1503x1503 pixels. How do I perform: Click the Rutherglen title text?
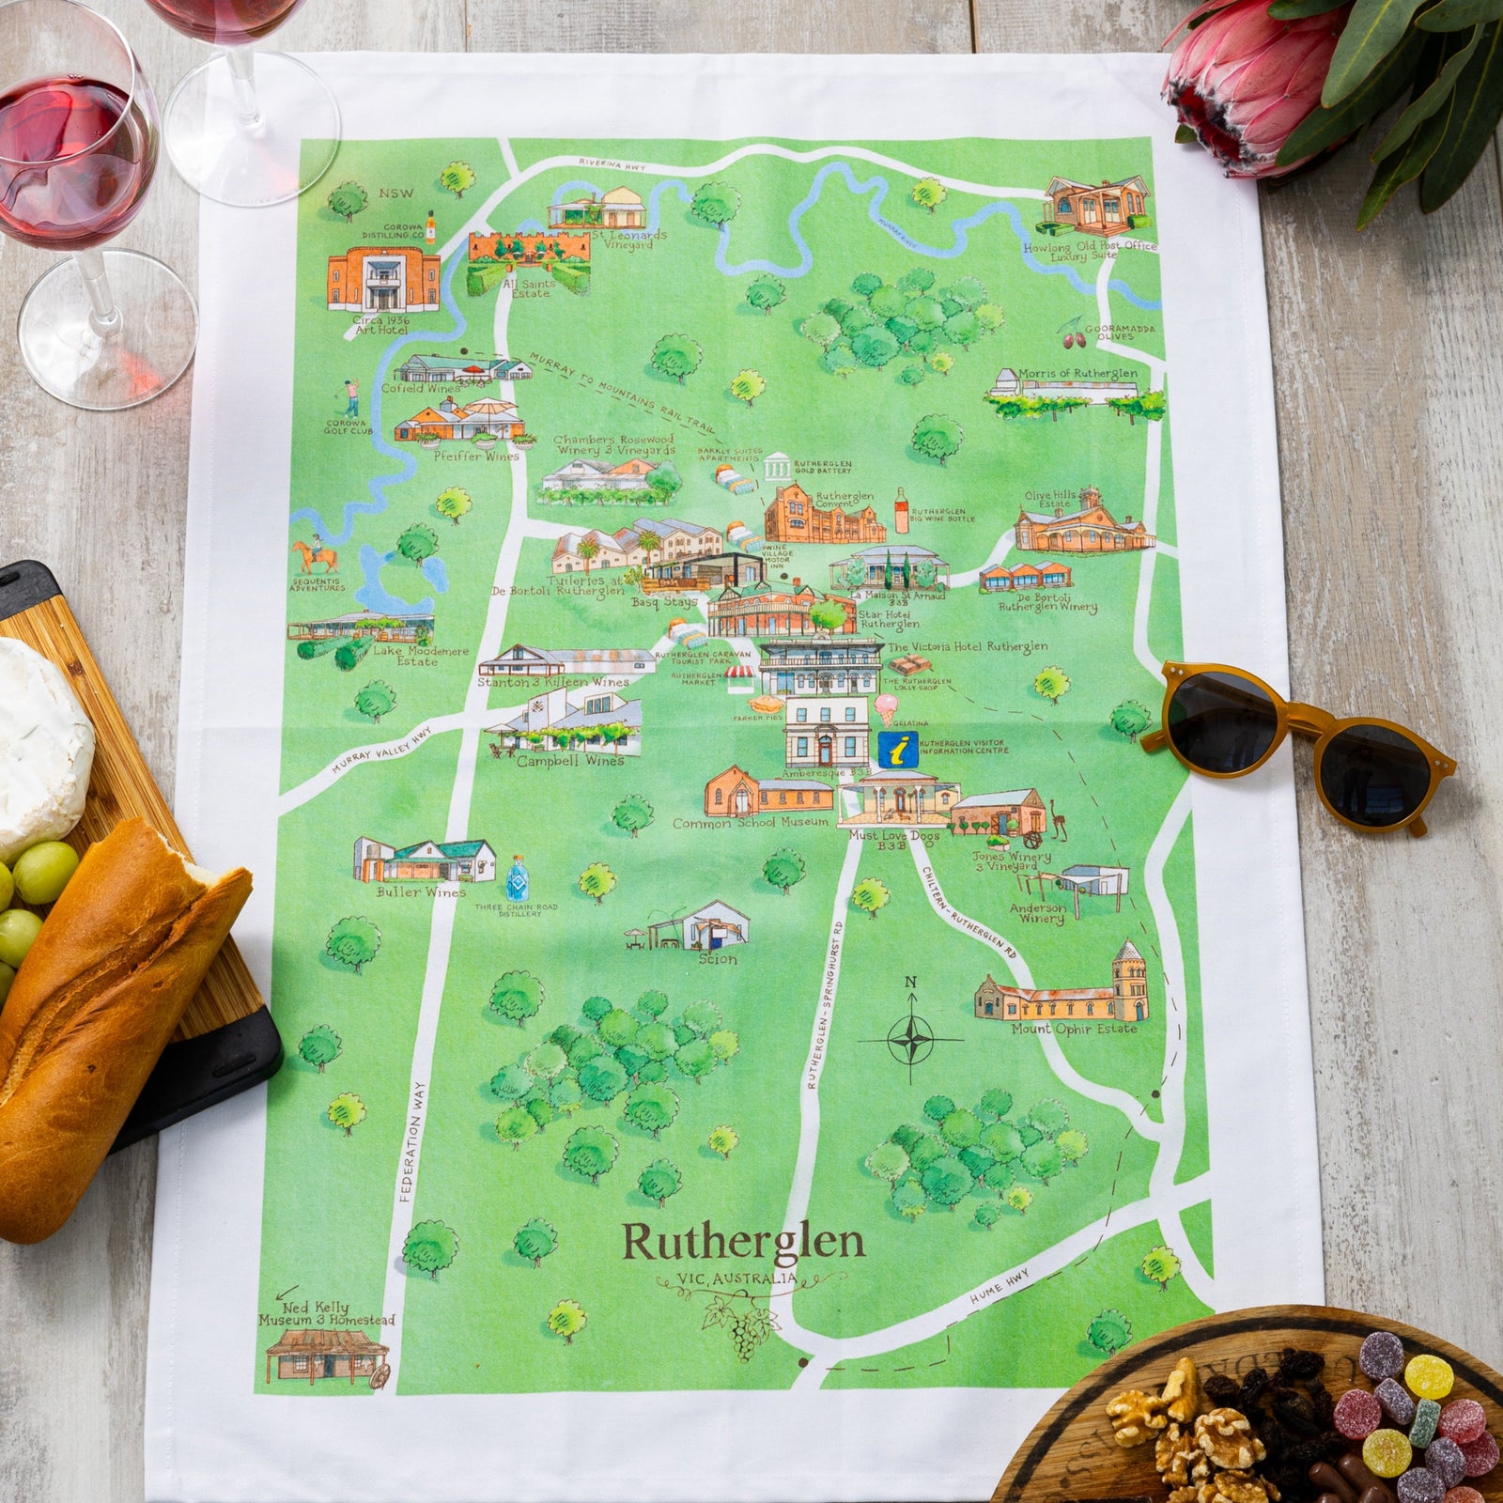[x=742, y=1242]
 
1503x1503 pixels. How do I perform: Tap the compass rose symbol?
[x=910, y=1040]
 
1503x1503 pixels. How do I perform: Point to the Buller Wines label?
[x=421, y=891]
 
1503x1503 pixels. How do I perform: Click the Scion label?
[x=718, y=959]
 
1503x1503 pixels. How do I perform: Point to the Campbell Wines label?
[x=569, y=761]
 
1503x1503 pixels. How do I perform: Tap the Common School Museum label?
[x=751, y=823]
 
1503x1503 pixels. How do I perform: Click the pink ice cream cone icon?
[x=886, y=706]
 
